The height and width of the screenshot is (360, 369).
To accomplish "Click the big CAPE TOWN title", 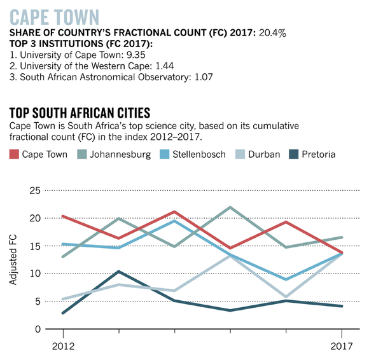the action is point(54,17).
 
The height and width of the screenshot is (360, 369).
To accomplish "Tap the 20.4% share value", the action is point(272,33).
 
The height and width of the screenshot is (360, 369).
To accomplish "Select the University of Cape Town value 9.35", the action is point(136,55).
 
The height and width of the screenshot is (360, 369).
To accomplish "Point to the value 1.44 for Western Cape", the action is point(165,66).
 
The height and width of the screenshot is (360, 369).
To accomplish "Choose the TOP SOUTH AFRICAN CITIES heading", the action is point(80,113).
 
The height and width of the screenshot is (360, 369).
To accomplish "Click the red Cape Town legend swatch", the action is point(14,155).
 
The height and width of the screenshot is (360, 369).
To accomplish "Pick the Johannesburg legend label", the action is point(120,155).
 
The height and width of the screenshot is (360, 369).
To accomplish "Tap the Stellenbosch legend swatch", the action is point(165,155).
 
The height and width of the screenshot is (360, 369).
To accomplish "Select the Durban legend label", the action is point(264,155).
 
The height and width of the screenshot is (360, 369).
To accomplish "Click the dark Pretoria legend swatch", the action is point(293,155).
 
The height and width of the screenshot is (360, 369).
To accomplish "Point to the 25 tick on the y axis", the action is point(35,191).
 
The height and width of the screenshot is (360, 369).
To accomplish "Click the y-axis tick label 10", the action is point(35,273).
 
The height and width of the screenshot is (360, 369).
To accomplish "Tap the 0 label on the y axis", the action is point(38,329).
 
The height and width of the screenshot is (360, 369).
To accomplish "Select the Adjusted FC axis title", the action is point(13,260).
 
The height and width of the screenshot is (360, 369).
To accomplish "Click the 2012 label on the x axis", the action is point(63,347).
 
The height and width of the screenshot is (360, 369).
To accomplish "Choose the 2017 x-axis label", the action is point(342,347).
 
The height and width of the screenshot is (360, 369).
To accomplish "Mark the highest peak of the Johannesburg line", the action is point(230,207).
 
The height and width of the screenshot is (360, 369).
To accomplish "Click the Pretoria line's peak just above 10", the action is point(119,272).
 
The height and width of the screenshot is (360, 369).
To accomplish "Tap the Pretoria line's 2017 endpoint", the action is point(342,306).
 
